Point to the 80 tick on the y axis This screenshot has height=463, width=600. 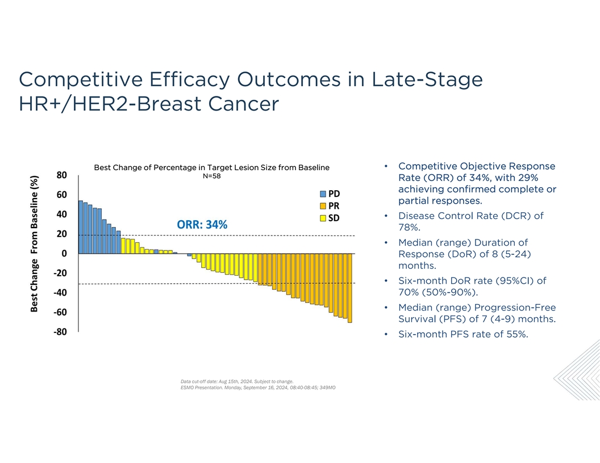[62, 175]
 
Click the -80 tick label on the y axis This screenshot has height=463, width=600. [60, 332]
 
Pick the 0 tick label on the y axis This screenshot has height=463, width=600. [64, 254]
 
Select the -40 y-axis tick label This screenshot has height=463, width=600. [60, 293]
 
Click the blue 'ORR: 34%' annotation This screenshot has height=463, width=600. [202, 225]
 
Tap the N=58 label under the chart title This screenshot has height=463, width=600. [211, 176]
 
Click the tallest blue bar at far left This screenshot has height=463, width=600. [81, 227]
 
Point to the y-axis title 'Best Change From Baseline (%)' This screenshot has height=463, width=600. [35, 243]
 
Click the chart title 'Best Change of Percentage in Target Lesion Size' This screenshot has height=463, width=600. [211, 167]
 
